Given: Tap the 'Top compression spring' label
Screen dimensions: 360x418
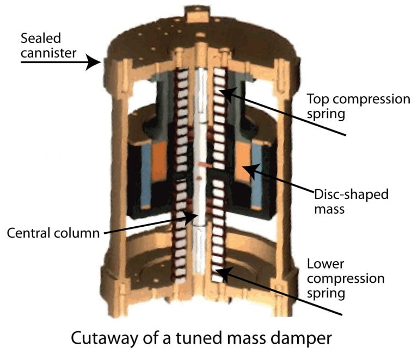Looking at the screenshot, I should [358, 107].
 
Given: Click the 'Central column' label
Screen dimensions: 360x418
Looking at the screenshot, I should [53, 233].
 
